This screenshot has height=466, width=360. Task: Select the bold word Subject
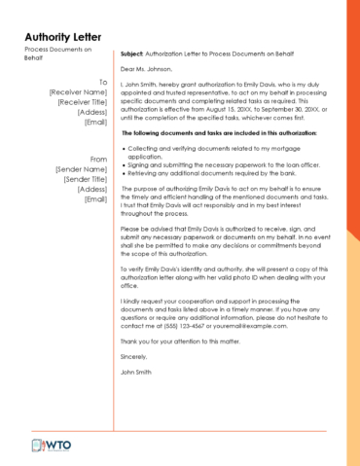(133, 54)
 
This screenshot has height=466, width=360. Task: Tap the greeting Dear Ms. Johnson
(147, 70)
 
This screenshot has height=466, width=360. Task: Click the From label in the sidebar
(98, 159)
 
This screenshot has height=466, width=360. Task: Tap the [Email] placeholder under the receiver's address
(95, 123)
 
